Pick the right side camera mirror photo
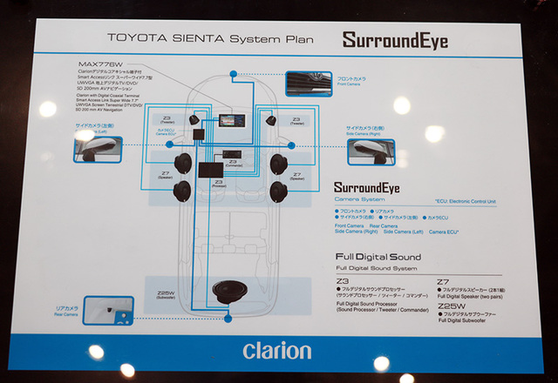371,151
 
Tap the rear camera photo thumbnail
109,311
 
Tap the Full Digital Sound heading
378,257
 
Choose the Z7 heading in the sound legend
443,283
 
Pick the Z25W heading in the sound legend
450,306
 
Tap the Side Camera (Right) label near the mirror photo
364,131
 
